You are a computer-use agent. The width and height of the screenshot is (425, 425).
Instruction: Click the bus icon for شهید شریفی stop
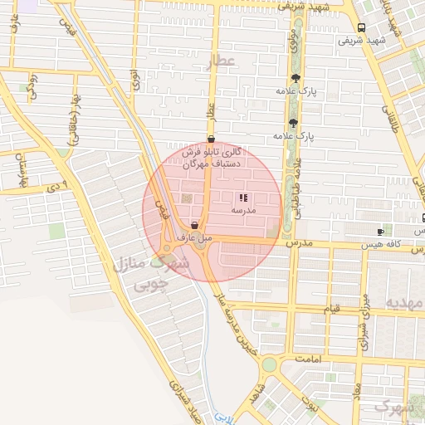(359, 27)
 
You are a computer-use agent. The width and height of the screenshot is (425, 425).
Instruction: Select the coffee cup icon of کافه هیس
(380, 231)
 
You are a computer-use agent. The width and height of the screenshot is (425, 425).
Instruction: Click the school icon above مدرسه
(242, 198)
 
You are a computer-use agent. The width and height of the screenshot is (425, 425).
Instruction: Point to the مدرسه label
(242, 212)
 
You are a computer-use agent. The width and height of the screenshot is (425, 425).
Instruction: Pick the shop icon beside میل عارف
(194, 225)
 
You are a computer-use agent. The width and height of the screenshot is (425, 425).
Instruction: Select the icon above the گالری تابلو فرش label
(210, 140)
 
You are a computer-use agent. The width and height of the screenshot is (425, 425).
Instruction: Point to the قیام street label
(331, 310)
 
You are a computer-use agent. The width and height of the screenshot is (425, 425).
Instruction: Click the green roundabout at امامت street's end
(268, 364)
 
